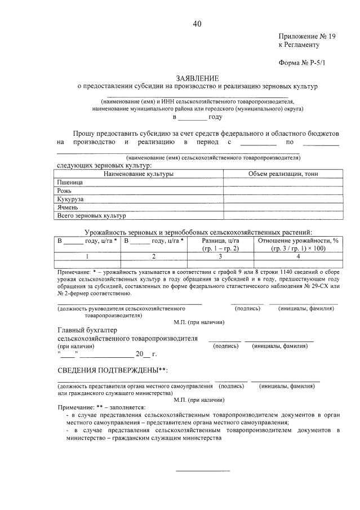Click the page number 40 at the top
point(197,24)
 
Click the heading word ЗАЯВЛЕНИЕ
point(197,78)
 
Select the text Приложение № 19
point(307,36)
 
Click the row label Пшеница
point(70,183)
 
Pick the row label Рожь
point(65,191)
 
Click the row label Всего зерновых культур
point(92,215)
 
